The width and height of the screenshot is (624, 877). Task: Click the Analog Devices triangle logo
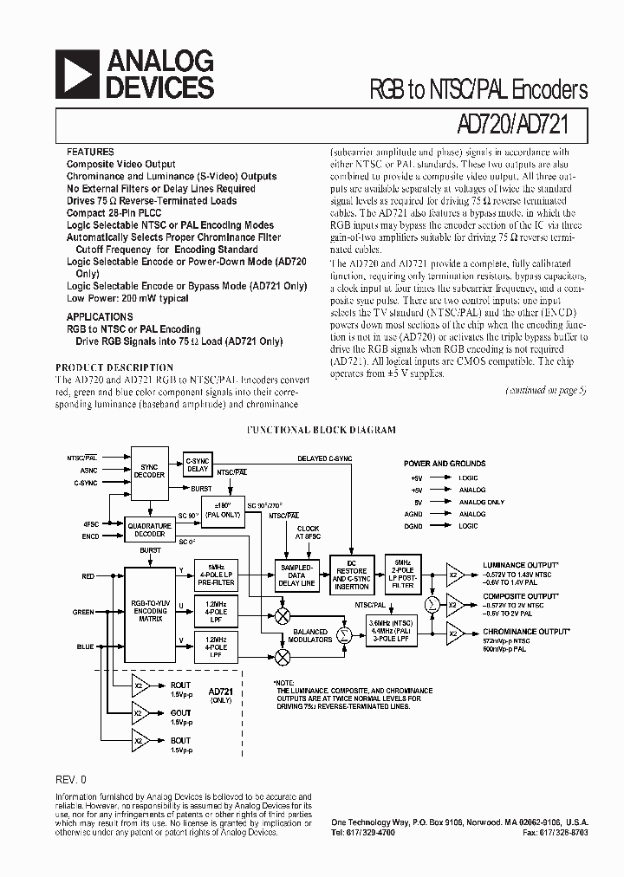click(75, 73)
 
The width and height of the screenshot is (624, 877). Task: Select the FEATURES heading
click(90, 151)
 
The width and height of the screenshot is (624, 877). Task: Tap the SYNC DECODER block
click(149, 471)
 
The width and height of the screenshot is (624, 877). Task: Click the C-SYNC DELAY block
click(198, 464)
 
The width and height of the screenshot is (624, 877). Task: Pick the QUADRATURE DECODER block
click(149, 529)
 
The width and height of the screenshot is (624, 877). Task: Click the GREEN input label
click(83, 612)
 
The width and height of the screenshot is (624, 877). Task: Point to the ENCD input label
click(90, 536)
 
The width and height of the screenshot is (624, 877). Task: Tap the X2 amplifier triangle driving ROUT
click(138, 687)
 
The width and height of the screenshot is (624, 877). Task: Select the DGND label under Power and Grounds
click(413, 526)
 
